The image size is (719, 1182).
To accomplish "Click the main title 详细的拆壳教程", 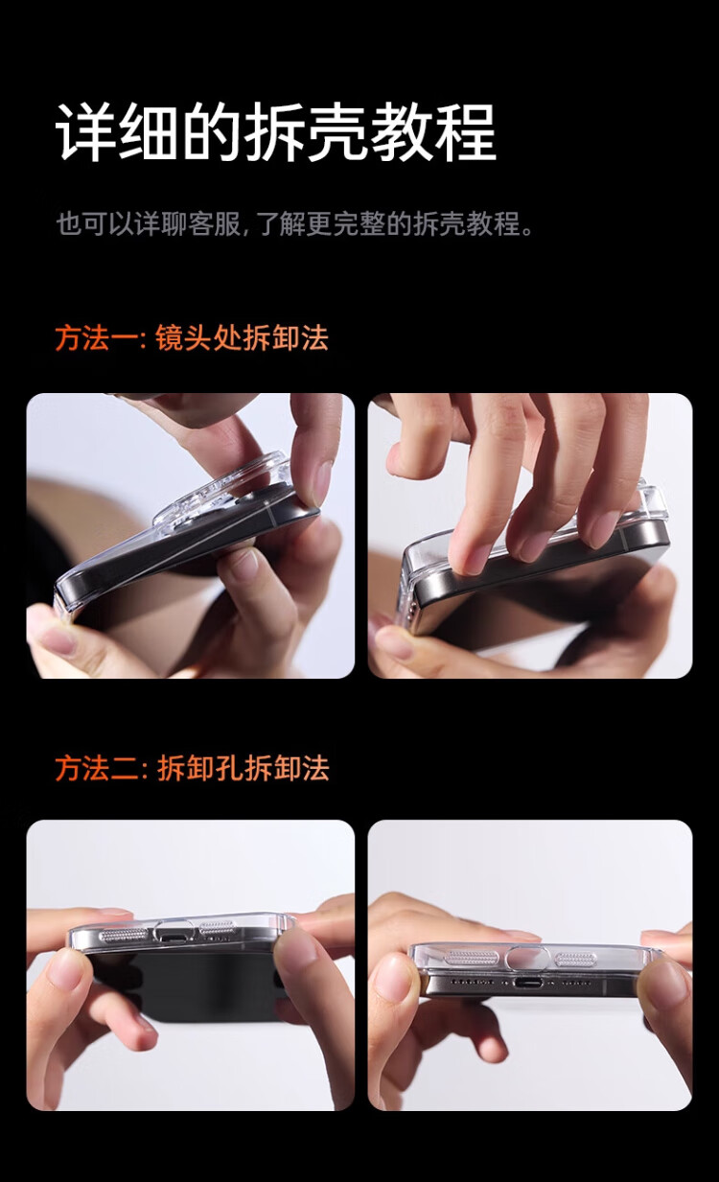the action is tap(276, 131).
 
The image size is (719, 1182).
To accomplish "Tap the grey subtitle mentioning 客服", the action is tap(294, 223).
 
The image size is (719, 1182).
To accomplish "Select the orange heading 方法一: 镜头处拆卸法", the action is tap(192, 337).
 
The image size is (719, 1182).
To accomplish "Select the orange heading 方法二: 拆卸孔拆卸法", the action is tap(193, 768).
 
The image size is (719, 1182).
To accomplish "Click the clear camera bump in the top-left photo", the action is tap(221, 491).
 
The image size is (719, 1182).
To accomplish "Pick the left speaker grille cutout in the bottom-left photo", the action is tap(123, 936).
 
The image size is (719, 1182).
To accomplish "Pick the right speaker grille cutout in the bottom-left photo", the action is tap(217, 929).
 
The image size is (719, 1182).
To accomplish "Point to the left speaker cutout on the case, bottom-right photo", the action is tap(471, 959).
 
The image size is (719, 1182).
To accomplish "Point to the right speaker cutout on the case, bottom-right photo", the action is tap(576, 959).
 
